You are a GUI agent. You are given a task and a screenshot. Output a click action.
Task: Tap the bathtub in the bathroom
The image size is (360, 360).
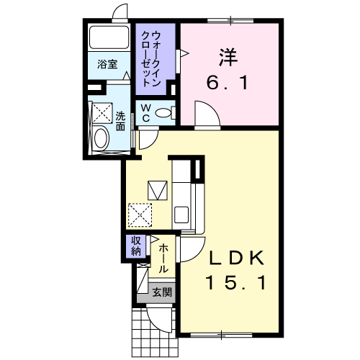coord(108,37)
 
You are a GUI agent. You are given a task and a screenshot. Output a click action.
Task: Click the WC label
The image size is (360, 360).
coord(145,112)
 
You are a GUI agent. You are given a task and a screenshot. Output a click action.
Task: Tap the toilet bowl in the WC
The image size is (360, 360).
coord(163,112)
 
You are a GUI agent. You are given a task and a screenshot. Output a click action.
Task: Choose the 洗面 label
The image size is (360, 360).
coord(120,121)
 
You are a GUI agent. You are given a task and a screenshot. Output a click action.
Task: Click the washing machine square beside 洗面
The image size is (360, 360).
coord(101,113)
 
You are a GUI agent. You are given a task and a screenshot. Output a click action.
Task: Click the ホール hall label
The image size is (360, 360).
coord(163,258)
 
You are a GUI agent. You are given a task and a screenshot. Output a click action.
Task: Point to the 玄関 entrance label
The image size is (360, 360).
coord(161,292)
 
